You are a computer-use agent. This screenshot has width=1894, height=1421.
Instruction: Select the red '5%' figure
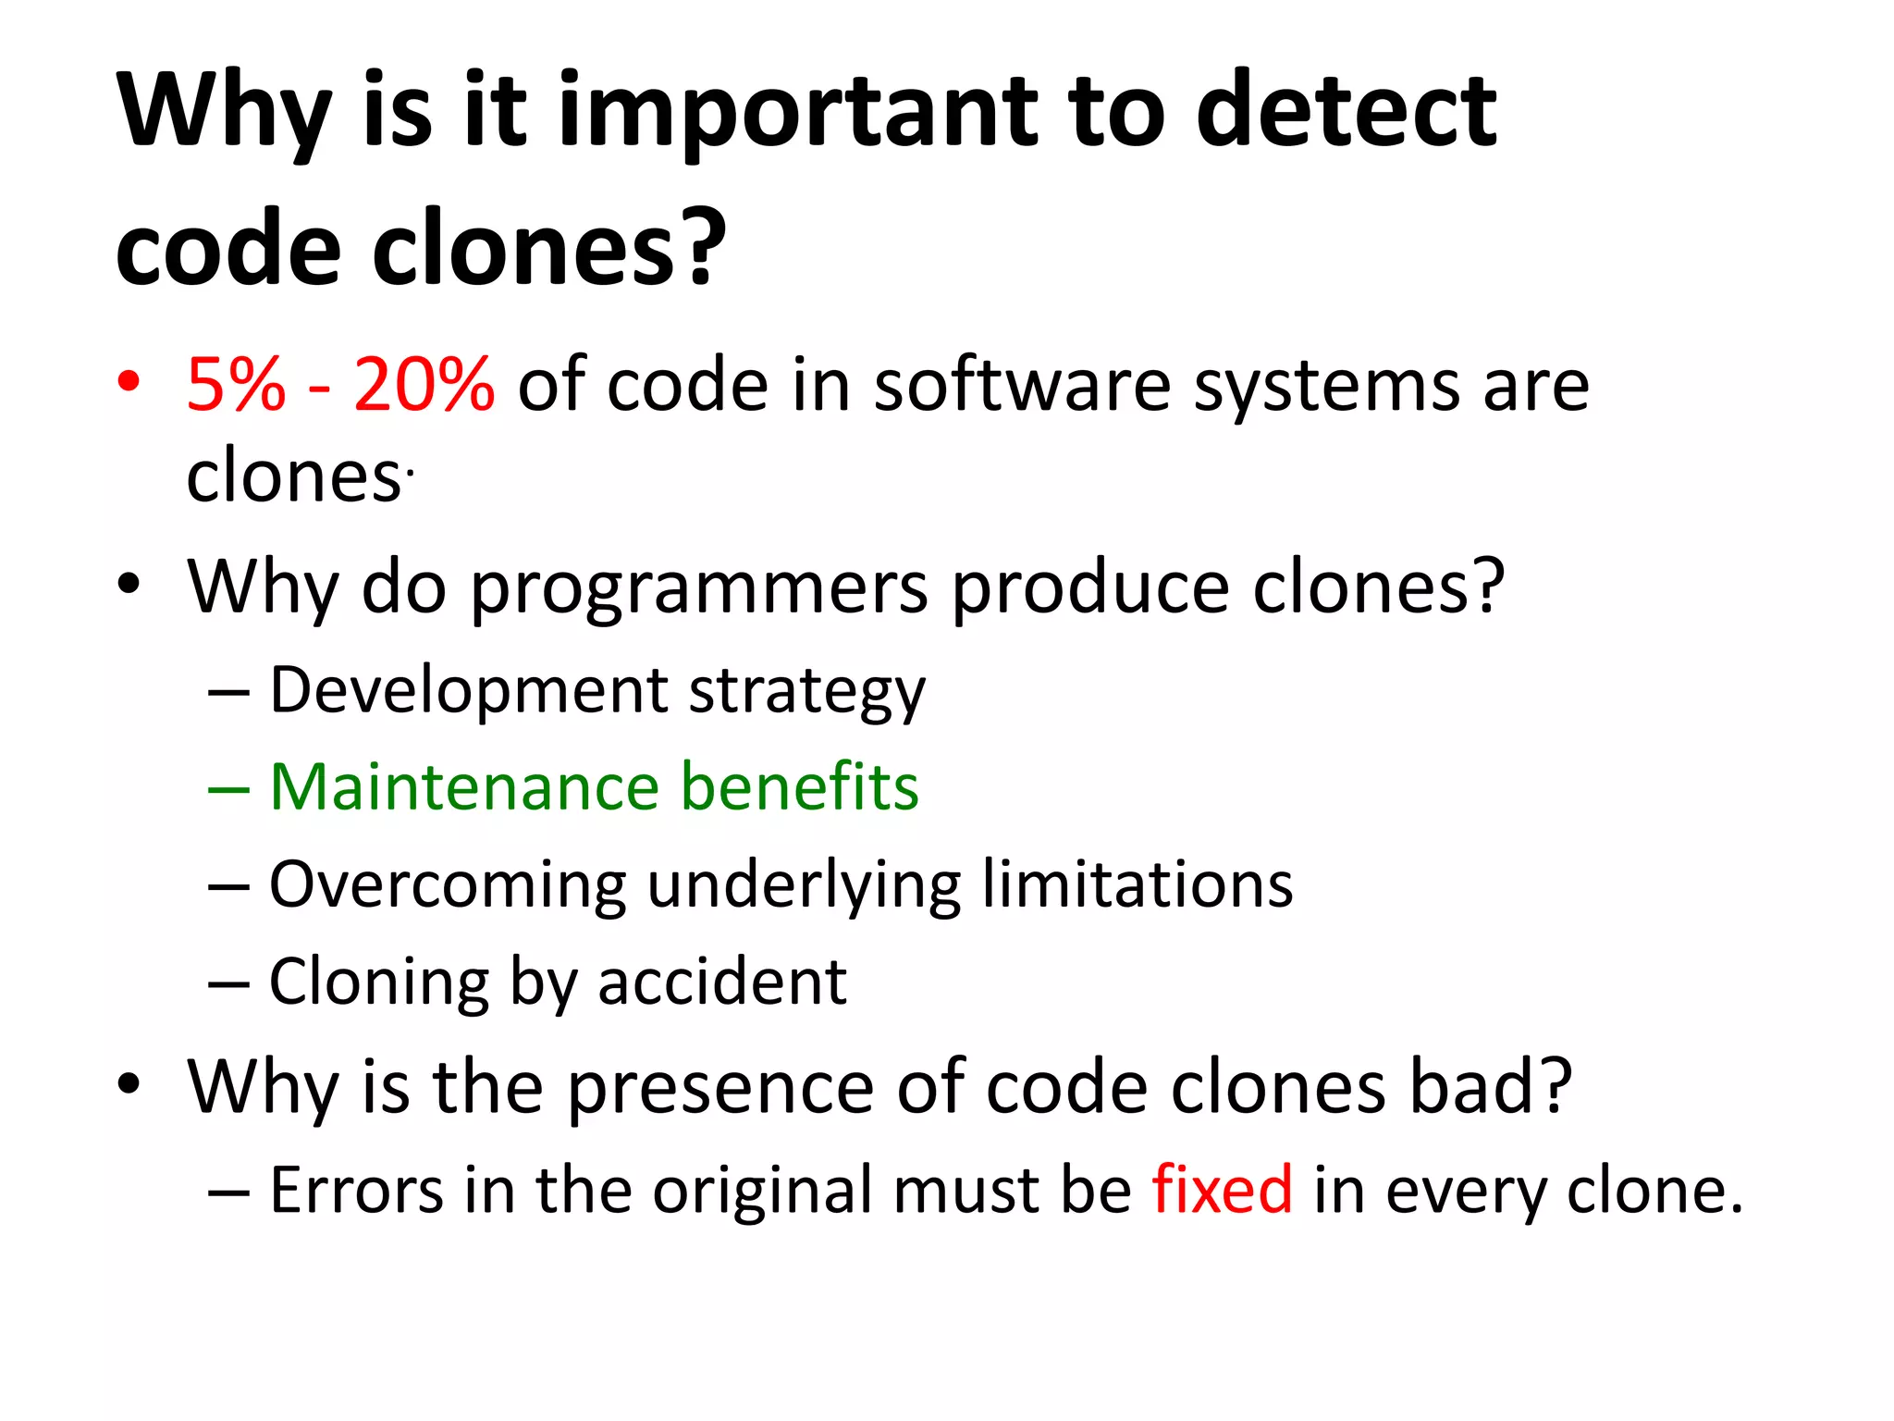236,384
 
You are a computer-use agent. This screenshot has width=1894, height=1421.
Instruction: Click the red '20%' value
424,384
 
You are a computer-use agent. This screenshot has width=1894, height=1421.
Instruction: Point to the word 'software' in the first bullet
1022,384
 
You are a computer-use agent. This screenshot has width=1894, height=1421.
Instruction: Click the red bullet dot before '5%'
129,380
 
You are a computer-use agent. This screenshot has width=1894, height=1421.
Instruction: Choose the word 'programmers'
699,588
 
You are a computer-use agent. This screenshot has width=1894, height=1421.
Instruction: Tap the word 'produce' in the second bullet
1090,588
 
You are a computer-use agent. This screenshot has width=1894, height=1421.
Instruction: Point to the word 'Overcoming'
448,886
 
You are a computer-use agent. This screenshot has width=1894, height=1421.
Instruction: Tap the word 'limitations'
1137,884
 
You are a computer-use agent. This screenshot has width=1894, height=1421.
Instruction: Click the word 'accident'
722,982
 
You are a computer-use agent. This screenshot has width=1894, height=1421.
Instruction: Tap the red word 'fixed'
1222,1190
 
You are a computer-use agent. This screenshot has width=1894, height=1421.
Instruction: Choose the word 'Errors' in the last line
356,1191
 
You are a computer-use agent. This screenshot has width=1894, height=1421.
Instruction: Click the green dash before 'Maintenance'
228,790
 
